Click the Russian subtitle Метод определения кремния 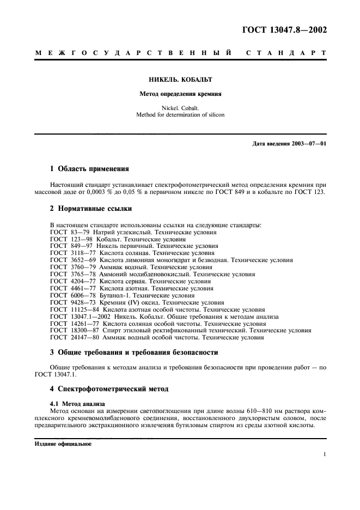[180, 93]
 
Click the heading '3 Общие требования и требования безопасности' [134, 353]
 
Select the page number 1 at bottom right [324, 454]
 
